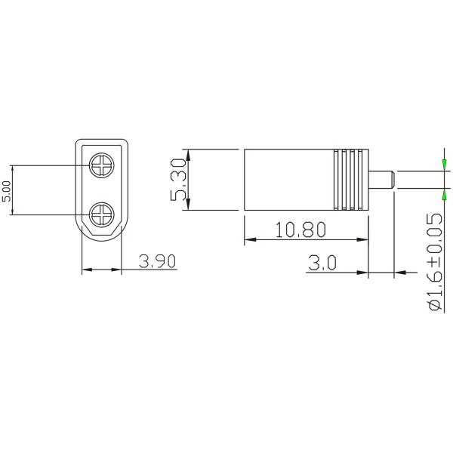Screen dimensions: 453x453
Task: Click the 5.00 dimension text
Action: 7,190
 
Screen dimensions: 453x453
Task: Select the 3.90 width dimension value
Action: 158,261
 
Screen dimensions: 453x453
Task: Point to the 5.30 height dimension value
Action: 177,180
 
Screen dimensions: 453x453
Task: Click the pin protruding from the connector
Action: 382,180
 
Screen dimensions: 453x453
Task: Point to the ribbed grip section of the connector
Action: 349,180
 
